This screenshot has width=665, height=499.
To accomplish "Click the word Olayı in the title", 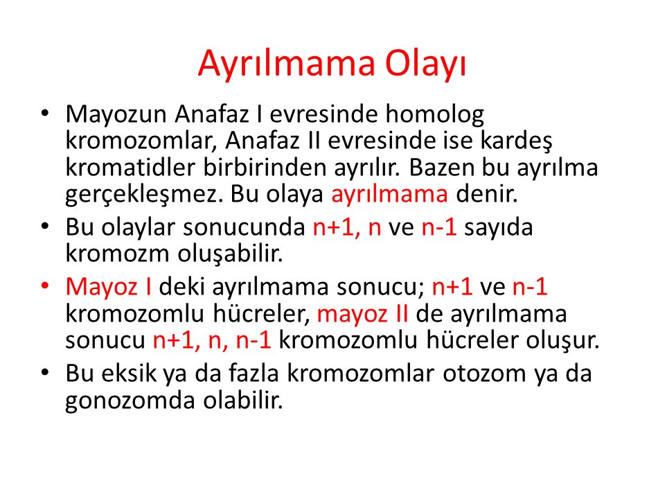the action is coord(425,64).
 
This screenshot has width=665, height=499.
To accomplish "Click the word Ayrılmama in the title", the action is coord(287,64).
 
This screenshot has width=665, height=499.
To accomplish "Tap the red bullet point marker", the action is coord(45,286).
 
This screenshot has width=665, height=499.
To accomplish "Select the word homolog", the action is coord(434,114).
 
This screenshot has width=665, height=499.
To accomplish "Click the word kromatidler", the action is coord(131,167).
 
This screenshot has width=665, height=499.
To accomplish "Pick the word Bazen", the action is coord(441,167).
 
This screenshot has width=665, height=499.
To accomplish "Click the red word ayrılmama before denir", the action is coord(389,194).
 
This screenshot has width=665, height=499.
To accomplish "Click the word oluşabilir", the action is coord(230,254).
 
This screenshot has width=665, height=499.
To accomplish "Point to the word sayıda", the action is coord(498,227).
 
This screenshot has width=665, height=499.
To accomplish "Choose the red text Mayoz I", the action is coord(109,287).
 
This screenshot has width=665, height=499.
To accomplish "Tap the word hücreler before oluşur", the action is coord(472,340).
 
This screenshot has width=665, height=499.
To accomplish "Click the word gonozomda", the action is coord(130,401).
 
